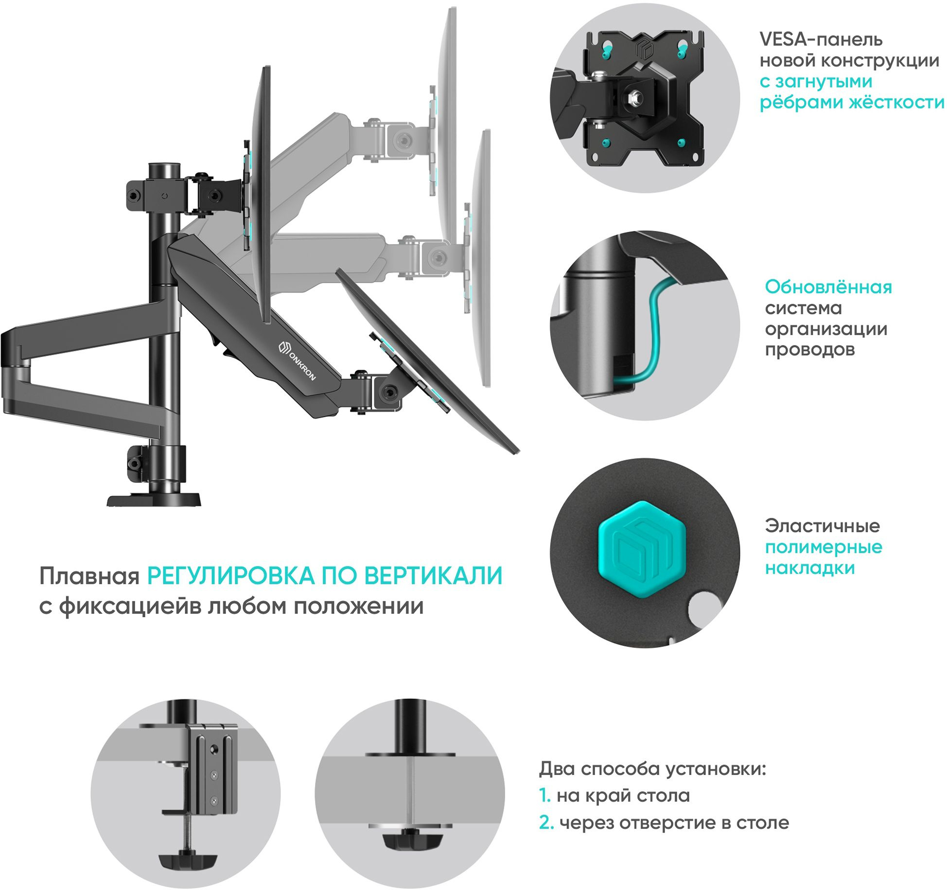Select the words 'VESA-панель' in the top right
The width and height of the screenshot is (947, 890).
[821, 39]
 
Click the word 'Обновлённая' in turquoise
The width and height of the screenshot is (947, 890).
[828, 287]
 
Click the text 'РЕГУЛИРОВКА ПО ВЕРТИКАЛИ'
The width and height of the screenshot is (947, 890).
[324, 576]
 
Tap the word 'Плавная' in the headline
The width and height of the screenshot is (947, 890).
[89, 577]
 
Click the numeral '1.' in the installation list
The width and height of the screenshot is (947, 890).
[544, 795]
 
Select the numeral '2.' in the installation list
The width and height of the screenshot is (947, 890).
[546, 822]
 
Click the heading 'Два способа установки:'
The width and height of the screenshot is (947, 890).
[652, 769]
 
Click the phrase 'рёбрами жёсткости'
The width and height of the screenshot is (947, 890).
[851, 103]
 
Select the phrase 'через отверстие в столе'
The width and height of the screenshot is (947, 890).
[674, 822]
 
